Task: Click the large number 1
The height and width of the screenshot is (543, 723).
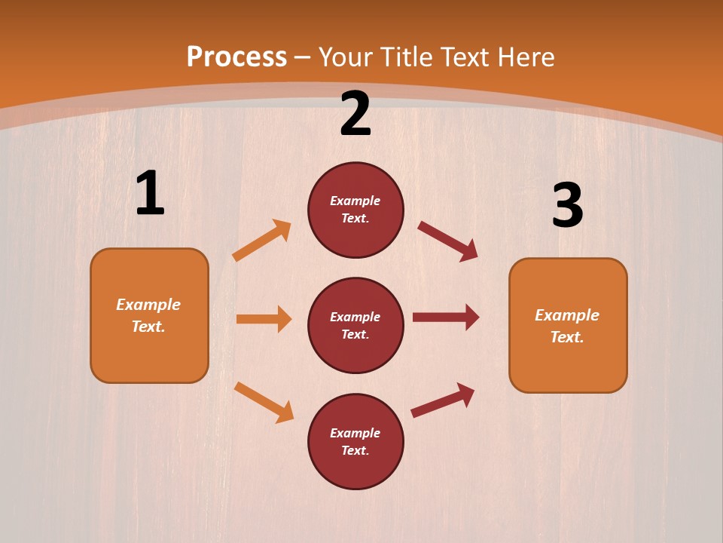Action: point(150,194)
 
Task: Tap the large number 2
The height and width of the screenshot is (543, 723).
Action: point(355,114)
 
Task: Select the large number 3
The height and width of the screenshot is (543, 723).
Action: point(567,205)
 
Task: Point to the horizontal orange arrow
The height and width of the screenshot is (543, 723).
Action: point(264,319)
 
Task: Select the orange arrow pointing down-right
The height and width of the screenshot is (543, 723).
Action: point(264,402)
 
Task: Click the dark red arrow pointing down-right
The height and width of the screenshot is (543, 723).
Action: point(448,241)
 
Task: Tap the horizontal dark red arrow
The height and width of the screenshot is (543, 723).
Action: point(446,317)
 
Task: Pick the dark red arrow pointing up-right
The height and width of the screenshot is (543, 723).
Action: point(444,400)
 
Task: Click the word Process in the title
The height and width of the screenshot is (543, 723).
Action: point(236,57)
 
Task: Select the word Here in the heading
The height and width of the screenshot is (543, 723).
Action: point(524,57)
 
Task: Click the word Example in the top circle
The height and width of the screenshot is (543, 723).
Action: point(355,201)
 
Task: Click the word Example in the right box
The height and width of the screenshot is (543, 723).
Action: point(567,315)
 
